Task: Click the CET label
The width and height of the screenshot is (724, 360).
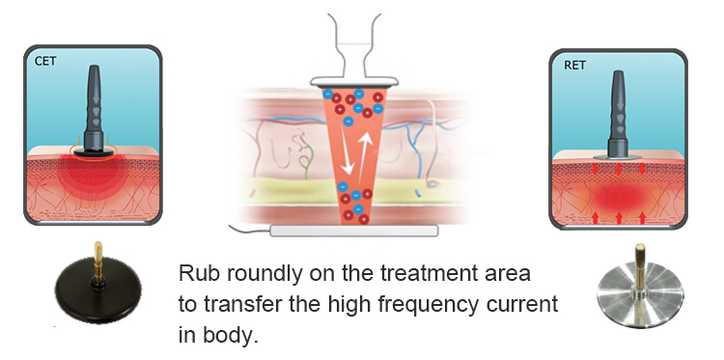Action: coord(45,61)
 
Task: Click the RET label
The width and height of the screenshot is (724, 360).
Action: coord(574,65)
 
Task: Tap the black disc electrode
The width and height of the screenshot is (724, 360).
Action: coord(98,291)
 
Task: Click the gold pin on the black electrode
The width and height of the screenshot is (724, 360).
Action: coord(97,262)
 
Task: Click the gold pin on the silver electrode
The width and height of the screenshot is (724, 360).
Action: coord(639,267)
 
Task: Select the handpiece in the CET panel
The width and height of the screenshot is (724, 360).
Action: coord(95,112)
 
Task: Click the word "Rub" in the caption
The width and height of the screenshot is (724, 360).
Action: coord(193,273)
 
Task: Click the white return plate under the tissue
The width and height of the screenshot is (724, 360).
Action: coord(353,231)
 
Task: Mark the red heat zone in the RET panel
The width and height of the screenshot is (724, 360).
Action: coord(619,197)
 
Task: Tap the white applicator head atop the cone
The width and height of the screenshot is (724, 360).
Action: coord(354,82)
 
